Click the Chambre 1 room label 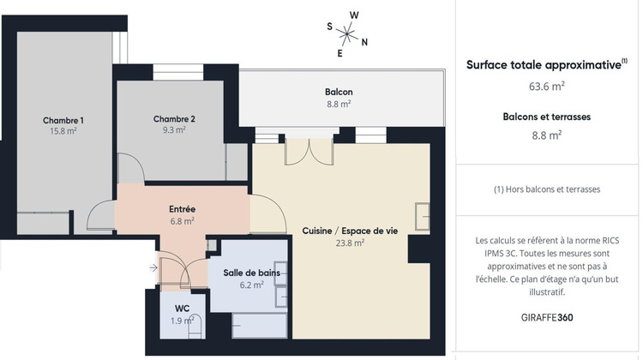pyautogui.click(x=63, y=120)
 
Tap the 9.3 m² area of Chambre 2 pyautogui.click(x=174, y=130)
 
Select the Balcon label pyautogui.click(x=339, y=93)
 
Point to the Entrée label pyautogui.click(x=182, y=208)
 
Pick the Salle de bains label pyautogui.click(x=251, y=273)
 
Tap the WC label pyautogui.click(x=182, y=308)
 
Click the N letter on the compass pyautogui.click(x=364, y=41)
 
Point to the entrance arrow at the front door pyautogui.click(x=153, y=268)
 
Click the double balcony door pyautogui.click(x=309, y=151)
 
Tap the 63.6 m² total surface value pyautogui.click(x=546, y=86)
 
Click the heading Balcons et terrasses pyautogui.click(x=546, y=116)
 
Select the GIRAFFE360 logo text pyautogui.click(x=546, y=316)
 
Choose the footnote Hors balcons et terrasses pyautogui.click(x=546, y=189)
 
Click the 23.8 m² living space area pyautogui.click(x=350, y=243)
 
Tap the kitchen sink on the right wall pyautogui.click(x=422, y=216)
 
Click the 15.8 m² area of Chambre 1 pyautogui.click(x=63, y=131)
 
